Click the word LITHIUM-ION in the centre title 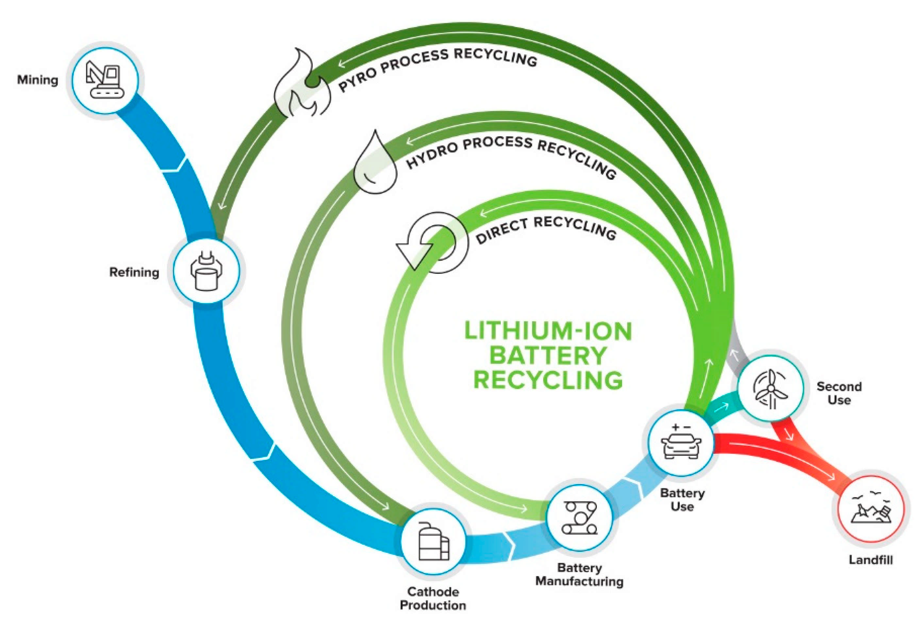[x=548, y=331]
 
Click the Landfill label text [x=870, y=560]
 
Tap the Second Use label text [x=839, y=393]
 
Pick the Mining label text [x=38, y=80]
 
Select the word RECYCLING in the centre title [x=548, y=380]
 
